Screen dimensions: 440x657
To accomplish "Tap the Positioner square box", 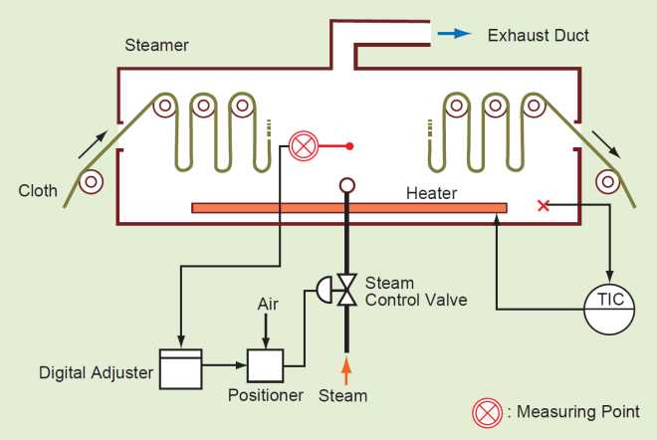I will pyautogui.click(x=266, y=366).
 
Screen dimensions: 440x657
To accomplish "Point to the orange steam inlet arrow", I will pyautogui.click(x=347, y=369).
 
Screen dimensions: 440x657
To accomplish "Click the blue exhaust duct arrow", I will pyautogui.click(x=454, y=34).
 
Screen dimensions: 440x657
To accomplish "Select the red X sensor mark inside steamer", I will pyautogui.click(x=543, y=205).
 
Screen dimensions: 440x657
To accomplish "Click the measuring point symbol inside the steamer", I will pyautogui.click(x=302, y=146).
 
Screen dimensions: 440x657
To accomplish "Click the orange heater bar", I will pyautogui.click(x=348, y=207).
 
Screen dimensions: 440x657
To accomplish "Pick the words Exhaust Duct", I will pyautogui.click(x=538, y=36).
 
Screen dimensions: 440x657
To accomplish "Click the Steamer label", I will pyautogui.click(x=157, y=46).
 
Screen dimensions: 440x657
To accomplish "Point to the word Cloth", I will pyautogui.click(x=38, y=191).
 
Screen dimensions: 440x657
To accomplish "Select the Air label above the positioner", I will pyautogui.click(x=268, y=304).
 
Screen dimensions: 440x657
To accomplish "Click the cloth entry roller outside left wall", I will pyautogui.click(x=92, y=181).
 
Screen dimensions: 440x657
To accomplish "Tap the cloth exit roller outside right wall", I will pyautogui.click(x=604, y=181).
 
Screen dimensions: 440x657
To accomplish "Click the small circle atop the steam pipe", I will pyautogui.click(x=347, y=185).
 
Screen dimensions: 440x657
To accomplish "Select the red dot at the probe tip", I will pyautogui.click(x=349, y=146).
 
